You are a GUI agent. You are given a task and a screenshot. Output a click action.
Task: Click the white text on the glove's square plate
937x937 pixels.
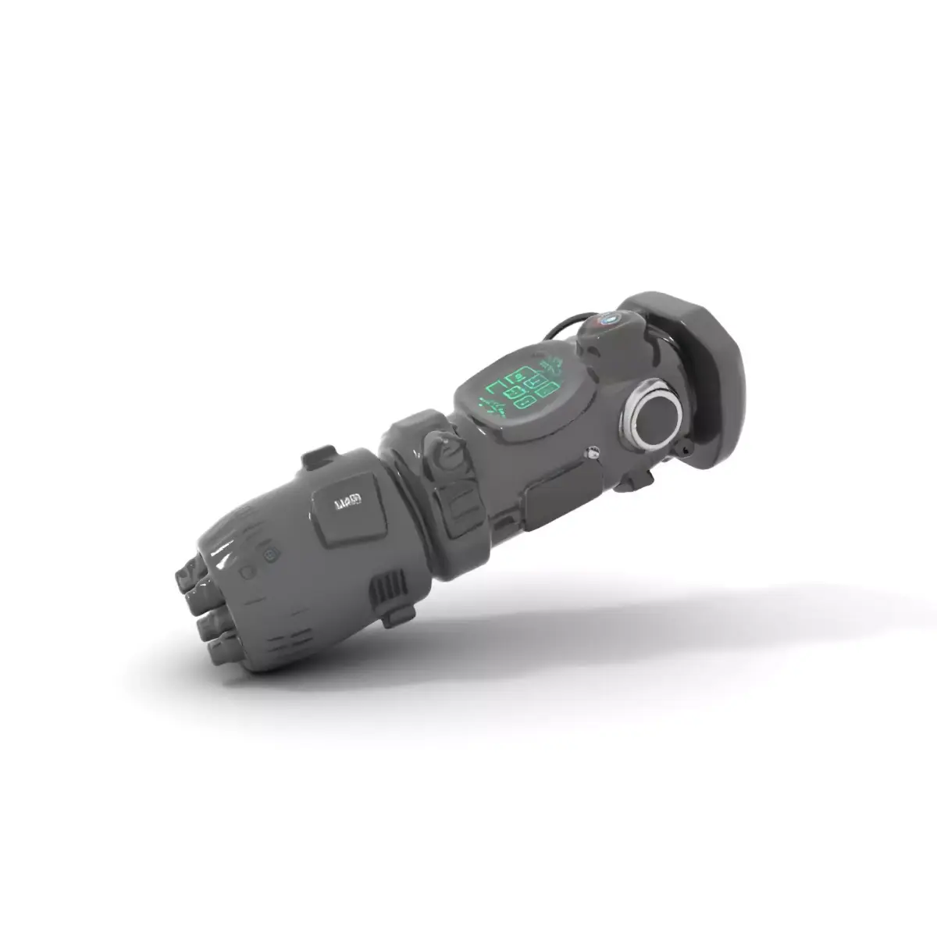pos(347,501)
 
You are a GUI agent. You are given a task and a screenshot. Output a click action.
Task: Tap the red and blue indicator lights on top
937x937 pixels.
pos(606,319)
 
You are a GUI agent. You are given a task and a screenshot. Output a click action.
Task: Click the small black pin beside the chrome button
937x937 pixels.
pos(686,451)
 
